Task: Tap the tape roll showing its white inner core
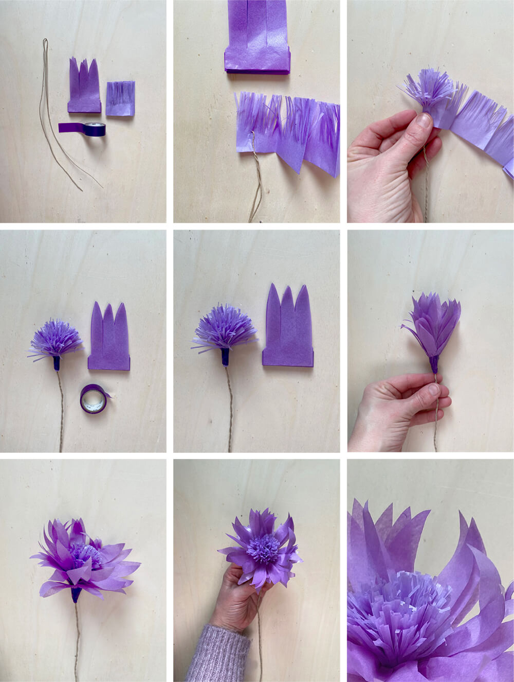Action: pos(94,399)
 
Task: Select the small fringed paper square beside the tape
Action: pos(121,98)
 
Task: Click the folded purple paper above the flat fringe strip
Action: pos(258,39)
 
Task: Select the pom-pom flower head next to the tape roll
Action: pos(56,337)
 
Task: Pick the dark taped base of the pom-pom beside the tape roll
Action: pos(57,363)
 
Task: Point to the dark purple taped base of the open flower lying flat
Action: pos(76,594)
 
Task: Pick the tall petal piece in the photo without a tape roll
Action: pos(288,329)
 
